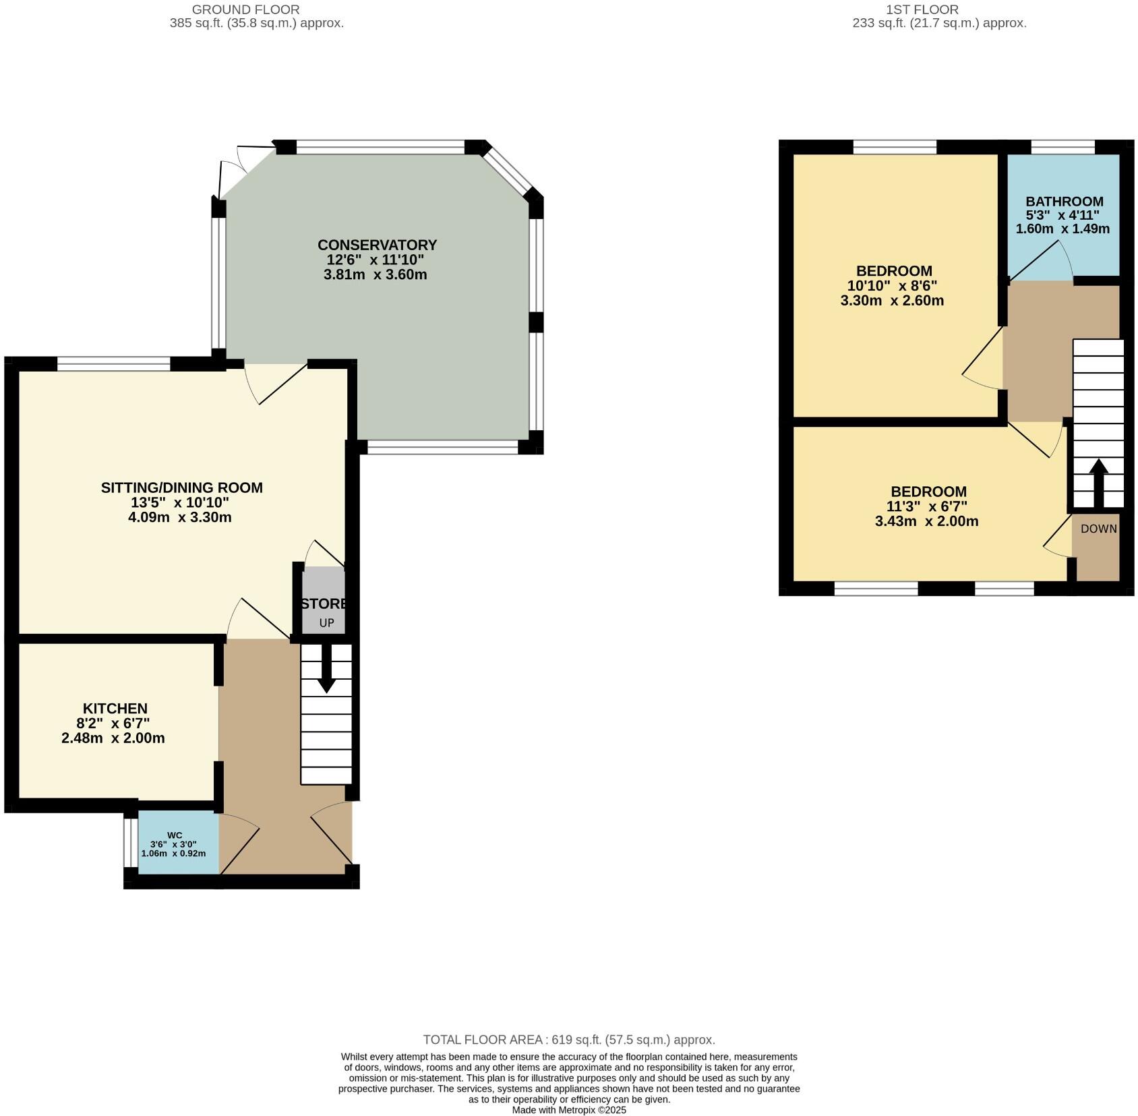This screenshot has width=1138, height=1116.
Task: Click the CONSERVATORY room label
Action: click(377, 245)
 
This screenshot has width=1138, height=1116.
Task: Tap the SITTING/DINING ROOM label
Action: click(181, 488)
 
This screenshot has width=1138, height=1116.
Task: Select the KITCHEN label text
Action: click(115, 708)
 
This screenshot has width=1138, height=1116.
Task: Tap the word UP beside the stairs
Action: click(326, 622)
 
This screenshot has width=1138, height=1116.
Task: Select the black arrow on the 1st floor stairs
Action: click(1098, 481)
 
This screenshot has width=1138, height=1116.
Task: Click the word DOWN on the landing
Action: click(1098, 529)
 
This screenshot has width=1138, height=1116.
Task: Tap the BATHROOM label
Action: click(1064, 201)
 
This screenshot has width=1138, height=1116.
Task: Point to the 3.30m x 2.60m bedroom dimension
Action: click(891, 301)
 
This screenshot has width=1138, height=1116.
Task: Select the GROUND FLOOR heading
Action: click(245, 9)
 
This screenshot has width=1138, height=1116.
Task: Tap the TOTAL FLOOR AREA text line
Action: click(568, 1039)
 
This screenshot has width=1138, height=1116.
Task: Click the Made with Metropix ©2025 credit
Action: click(569, 1109)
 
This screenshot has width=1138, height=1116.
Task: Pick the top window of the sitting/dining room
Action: click(113, 364)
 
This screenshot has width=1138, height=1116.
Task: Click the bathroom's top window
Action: click(1062, 147)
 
